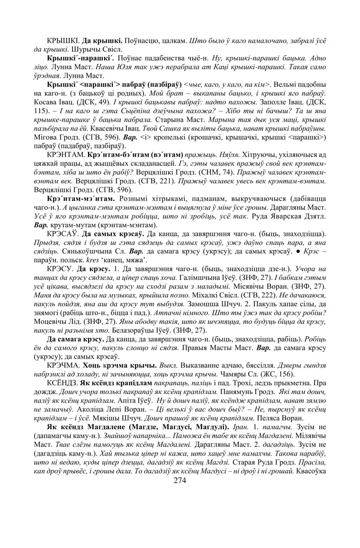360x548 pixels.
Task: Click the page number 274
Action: [180, 480]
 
